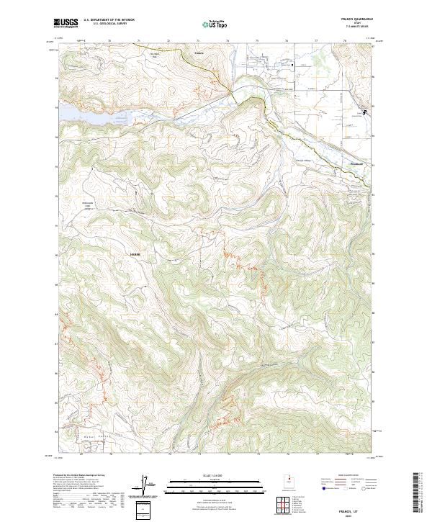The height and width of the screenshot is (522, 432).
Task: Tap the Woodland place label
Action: (347, 163)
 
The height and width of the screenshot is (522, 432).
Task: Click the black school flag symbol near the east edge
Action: (364, 112)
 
